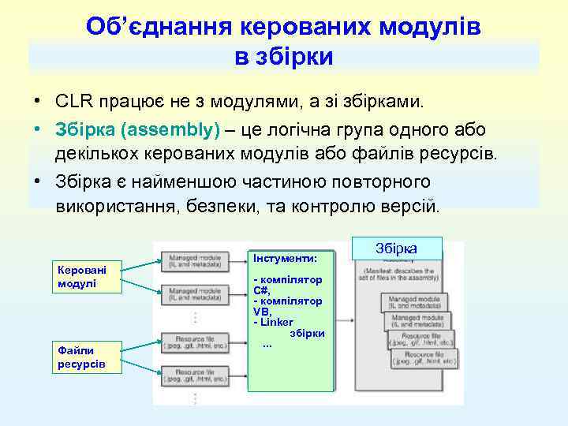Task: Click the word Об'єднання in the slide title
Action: (x=149, y=27)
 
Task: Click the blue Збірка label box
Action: (x=396, y=248)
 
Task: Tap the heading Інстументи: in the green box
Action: (x=285, y=258)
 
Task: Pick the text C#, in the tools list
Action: (x=262, y=290)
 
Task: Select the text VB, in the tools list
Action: (x=262, y=312)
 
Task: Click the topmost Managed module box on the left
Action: (x=193, y=260)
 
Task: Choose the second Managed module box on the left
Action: (x=193, y=294)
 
